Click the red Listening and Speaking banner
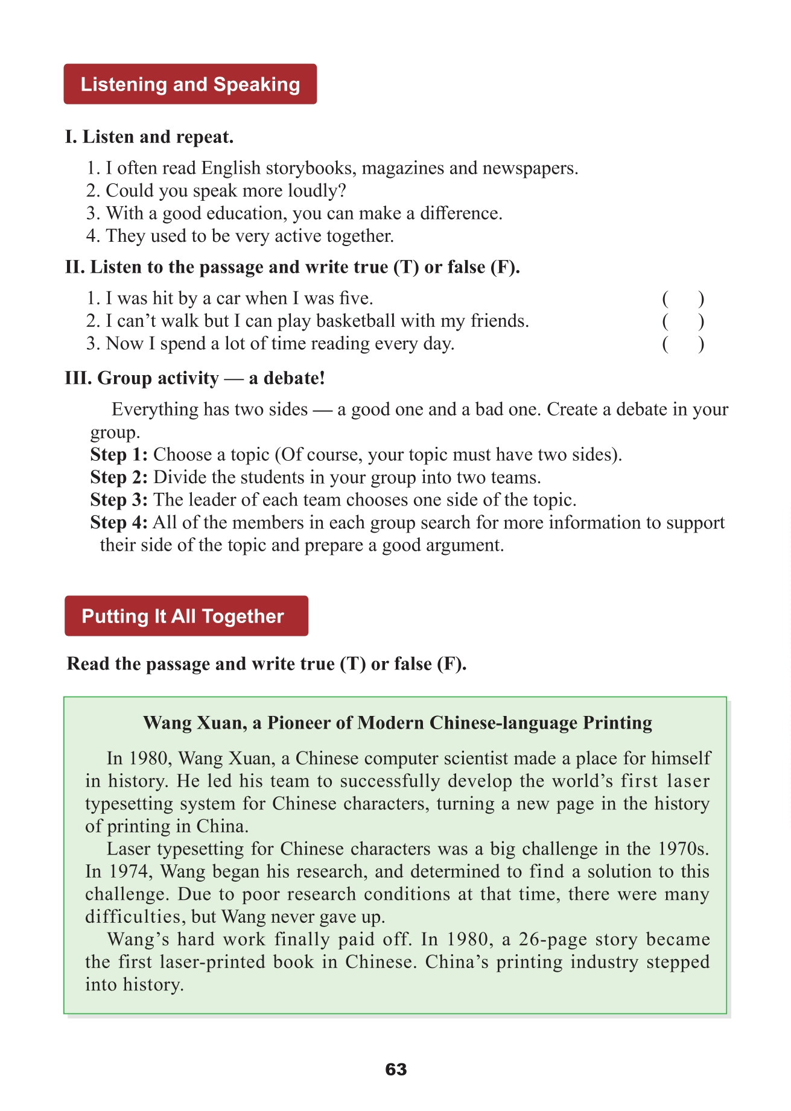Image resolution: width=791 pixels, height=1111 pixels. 190,84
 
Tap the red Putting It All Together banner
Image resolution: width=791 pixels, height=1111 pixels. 186,616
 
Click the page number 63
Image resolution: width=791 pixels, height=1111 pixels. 396,1069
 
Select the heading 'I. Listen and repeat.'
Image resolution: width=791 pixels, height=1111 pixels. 149,137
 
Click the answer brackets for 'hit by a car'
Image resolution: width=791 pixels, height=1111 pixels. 683,299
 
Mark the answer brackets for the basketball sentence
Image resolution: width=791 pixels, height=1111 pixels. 683,321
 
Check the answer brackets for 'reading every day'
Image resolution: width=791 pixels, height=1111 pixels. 683,344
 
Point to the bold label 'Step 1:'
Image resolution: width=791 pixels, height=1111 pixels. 119,454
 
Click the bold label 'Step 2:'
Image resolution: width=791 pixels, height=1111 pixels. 119,477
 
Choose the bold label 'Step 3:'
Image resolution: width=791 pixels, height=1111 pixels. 119,499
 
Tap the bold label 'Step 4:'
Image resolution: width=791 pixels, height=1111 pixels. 119,522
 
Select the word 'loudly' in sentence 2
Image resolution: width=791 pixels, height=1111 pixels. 316,191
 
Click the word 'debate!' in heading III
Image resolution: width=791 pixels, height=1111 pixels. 294,378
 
